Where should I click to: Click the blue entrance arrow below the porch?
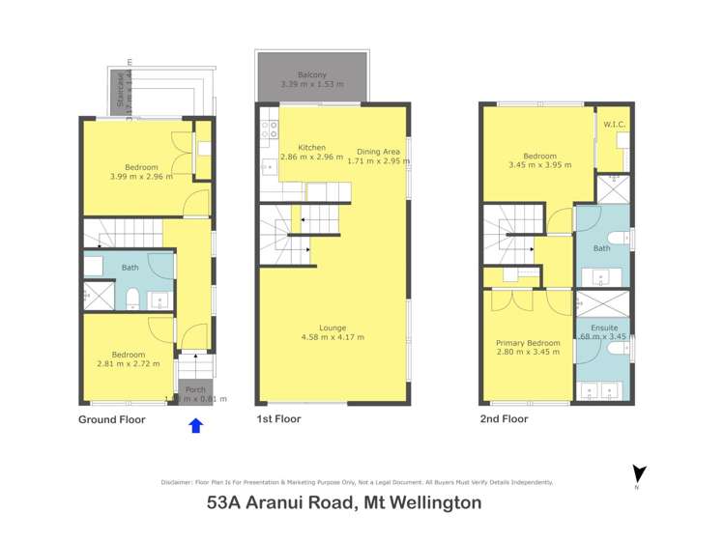tap(195, 425)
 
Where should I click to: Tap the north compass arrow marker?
tap(637, 473)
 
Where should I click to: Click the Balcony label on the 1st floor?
tap(311, 74)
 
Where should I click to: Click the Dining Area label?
tap(379, 151)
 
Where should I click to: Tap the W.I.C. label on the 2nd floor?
tap(615, 124)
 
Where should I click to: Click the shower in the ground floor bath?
tap(98, 296)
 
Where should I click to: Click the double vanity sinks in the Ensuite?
tap(601, 390)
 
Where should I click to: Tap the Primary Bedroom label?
tap(528, 343)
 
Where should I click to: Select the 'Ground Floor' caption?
tap(111, 420)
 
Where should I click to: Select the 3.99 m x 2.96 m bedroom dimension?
tap(141, 176)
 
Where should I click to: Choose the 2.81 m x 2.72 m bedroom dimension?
tap(128, 364)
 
